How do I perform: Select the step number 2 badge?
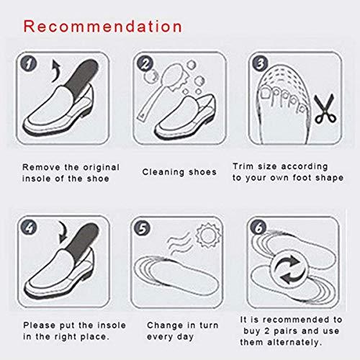(x=145, y=65)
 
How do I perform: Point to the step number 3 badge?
(x=260, y=65)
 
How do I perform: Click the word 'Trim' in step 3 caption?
(x=243, y=166)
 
